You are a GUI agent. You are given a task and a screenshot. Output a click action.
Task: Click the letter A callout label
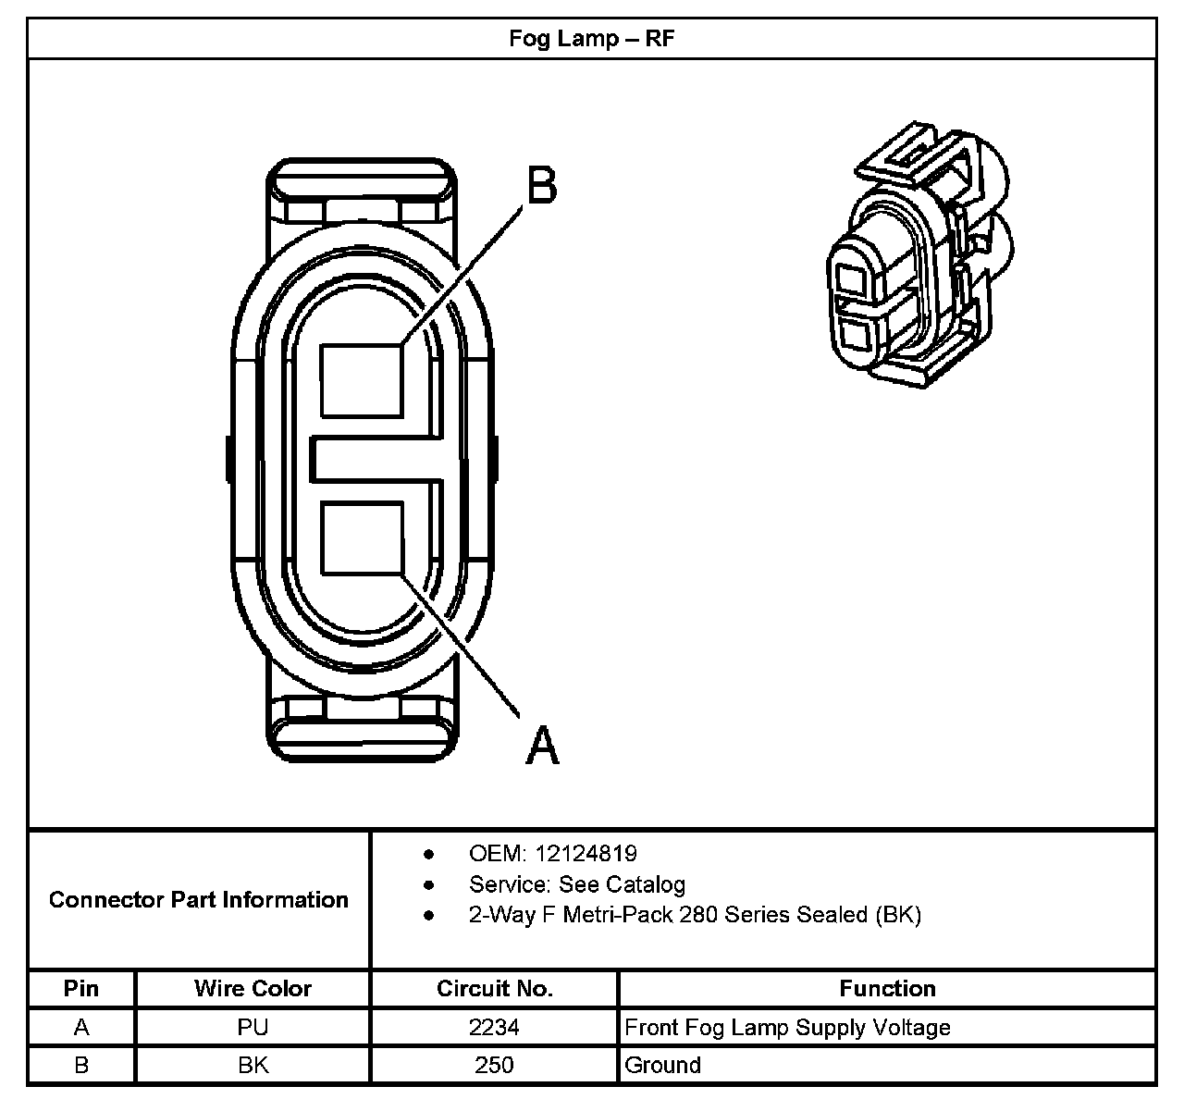(542, 744)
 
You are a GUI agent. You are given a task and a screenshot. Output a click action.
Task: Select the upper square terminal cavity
(362, 380)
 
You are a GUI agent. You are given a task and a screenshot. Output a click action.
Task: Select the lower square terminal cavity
(362, 537)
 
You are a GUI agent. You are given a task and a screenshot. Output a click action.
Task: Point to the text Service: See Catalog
(576, 884)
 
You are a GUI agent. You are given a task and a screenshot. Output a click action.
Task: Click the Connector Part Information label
(199, 900)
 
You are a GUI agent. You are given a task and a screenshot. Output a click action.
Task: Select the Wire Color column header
(253, 989)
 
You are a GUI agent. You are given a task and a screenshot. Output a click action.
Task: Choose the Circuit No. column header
(494, 989)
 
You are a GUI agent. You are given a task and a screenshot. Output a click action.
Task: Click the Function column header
(887, 989)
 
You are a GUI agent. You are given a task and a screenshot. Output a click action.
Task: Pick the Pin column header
(81, 989)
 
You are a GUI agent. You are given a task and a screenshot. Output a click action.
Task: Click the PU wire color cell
(253, 1027)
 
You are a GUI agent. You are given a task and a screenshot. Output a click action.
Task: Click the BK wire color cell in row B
(253, 1065)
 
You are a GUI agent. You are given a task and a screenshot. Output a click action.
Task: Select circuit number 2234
(494, 1027)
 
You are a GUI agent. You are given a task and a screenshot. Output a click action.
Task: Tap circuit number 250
(494, 1065)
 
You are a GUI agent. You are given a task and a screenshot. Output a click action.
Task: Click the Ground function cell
(662, 1065)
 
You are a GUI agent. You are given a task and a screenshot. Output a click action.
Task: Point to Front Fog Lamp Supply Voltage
(787, 1027)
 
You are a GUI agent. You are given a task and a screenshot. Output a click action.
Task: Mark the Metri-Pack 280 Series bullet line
(695, 915)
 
